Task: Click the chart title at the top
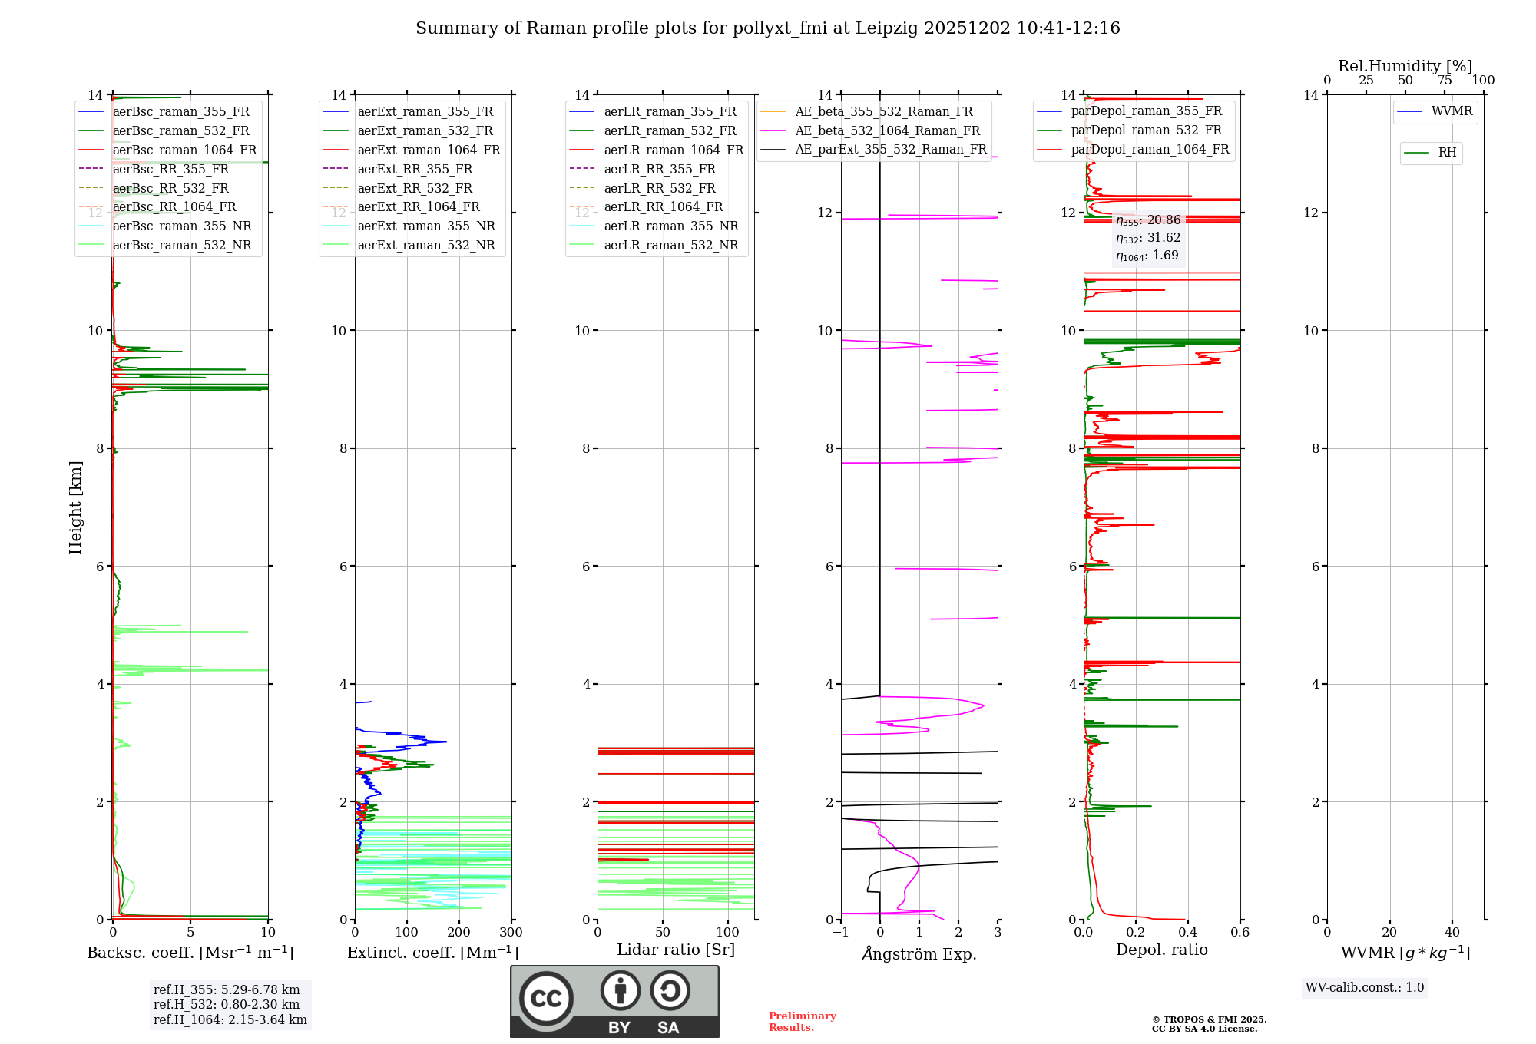767,28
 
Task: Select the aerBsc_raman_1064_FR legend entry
184,150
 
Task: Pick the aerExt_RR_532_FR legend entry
415,188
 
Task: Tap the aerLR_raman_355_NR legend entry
670,226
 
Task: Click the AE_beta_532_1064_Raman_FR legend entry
887,130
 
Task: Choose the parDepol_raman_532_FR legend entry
1146,130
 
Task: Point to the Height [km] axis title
75,507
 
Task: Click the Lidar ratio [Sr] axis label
676,950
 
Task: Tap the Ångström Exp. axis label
919,953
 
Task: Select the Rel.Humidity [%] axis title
1405,66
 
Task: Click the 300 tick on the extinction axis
511,933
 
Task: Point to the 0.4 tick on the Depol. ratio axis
1187,933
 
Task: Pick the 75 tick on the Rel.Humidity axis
1444,81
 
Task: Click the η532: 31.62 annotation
1148,238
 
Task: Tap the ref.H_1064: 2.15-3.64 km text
230,1019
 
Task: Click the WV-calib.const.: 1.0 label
1365,987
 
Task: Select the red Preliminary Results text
802,1021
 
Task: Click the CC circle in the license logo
546,998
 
